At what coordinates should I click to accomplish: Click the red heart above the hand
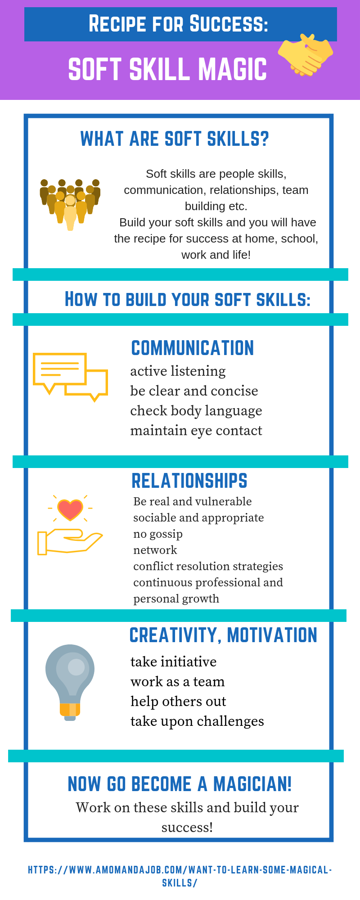click(x=70, y=509)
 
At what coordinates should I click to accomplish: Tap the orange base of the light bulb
click(x=70, y=709)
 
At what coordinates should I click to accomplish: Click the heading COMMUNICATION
click(x=193, y=348)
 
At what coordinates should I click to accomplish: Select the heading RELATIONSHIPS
click(x=189, y=481)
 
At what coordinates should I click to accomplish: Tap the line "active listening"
click(x=178, y=371)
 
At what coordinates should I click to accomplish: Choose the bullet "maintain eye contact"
click(x=196, y=431)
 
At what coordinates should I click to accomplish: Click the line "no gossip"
click(x=158, y=534)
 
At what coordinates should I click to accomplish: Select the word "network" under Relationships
click(x=155, y=550)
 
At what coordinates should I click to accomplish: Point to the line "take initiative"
click(x=174, y=661)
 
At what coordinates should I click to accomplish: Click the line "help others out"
click(x=178, y=701)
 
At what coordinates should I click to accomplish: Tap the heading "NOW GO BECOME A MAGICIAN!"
click(x=180, y=784)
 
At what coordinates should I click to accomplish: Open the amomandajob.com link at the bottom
click(x=180, y=876)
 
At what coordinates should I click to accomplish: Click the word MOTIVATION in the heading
click(x=272, y=635)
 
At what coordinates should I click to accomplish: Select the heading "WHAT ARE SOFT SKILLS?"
click(x=175, y=139)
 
